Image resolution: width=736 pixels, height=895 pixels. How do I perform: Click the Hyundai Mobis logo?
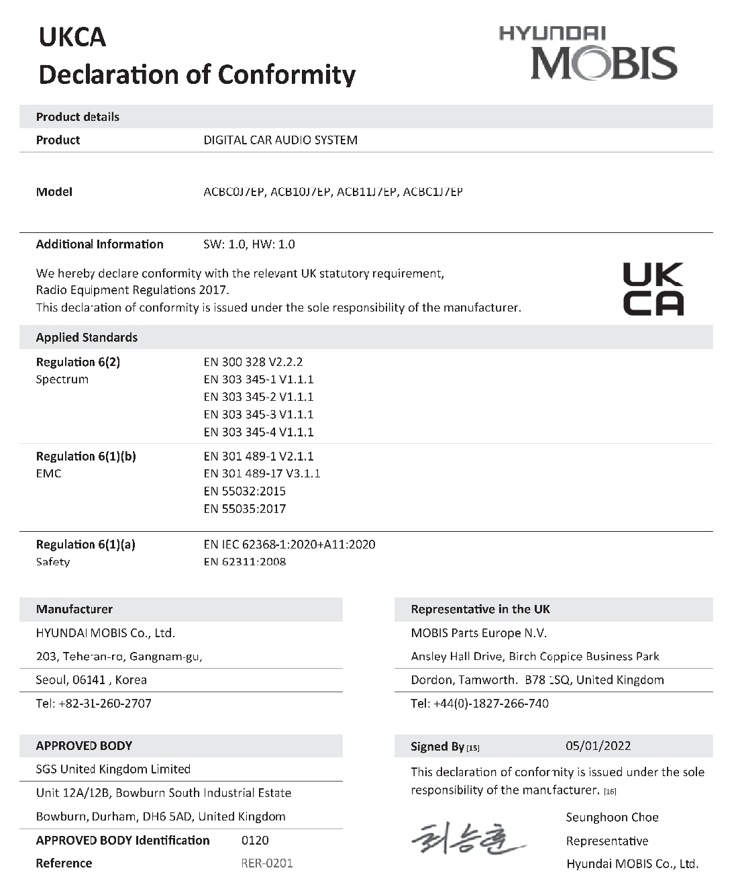588,54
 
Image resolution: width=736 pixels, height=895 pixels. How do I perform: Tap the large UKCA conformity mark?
653,289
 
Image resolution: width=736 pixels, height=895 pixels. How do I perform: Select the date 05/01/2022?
598,746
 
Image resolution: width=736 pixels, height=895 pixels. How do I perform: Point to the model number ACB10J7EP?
300,192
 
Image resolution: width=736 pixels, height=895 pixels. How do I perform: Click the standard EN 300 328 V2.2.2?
253,362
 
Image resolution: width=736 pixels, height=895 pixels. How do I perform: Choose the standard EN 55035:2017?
245,508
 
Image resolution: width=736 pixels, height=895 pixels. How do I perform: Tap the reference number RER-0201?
267,863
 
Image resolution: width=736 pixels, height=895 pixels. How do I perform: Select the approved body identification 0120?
255,840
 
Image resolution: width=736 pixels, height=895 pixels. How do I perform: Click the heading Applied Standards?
87,338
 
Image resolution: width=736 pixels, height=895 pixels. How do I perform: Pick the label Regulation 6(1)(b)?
86,457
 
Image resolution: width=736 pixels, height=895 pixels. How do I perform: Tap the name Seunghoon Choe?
612,817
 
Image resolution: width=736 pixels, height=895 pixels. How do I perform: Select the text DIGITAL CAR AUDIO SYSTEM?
280,140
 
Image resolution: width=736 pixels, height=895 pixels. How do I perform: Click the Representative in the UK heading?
480,610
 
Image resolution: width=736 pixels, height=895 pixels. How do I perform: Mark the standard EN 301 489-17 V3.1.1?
262,473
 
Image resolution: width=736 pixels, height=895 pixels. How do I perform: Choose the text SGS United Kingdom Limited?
113,769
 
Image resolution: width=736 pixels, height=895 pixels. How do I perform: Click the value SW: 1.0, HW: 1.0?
249,244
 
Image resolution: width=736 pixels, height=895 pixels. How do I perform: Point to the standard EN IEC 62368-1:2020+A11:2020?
289,545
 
